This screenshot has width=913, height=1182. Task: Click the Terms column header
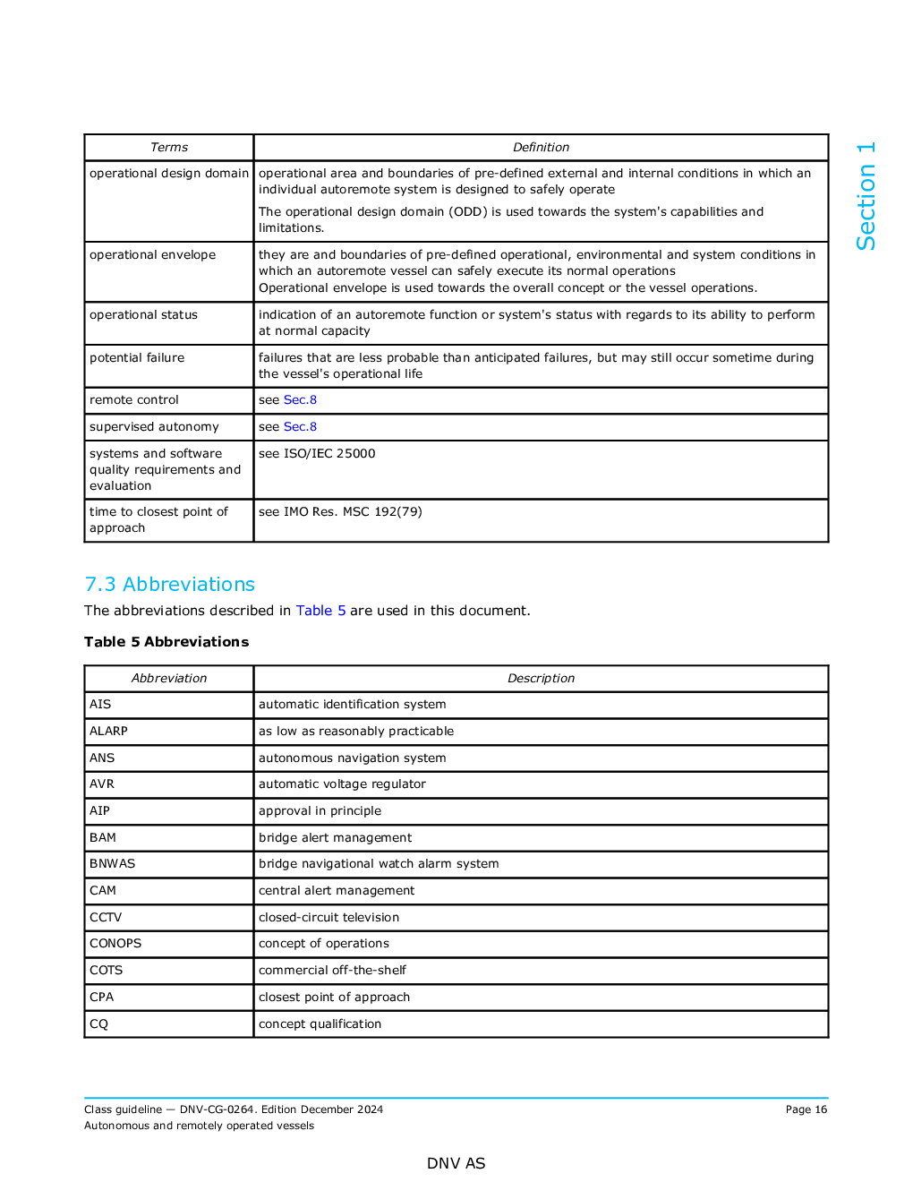click(169, 148)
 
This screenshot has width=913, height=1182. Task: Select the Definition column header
click(541, 148)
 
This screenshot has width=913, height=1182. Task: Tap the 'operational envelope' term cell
click(153, 255)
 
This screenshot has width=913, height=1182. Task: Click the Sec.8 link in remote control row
click(300, 400)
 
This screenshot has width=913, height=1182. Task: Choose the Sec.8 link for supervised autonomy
click(300, 427)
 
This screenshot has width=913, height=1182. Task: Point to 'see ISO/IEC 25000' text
click(317, 454)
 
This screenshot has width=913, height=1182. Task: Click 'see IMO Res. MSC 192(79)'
click(340, 512)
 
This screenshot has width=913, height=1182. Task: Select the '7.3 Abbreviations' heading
click(170, 585)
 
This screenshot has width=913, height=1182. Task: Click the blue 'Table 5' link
click(320, 611)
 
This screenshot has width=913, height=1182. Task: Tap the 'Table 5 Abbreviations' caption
click(166, 642)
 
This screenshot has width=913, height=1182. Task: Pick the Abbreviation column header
click(169, 679)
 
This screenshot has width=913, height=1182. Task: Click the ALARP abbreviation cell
click(109, 732)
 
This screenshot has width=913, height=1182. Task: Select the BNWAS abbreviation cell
click(113, 864)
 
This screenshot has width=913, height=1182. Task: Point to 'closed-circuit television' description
click(329, 918)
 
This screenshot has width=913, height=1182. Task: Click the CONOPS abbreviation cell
click(115, 944)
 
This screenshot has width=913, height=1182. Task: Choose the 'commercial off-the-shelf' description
click(332, 971)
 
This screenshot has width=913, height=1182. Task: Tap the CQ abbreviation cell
click(99, 1024)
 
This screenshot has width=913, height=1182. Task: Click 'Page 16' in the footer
click(806, 1110)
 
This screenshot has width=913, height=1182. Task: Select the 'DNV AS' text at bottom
click(456, 1164)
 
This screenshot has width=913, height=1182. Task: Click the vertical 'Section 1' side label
click(866, 196)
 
